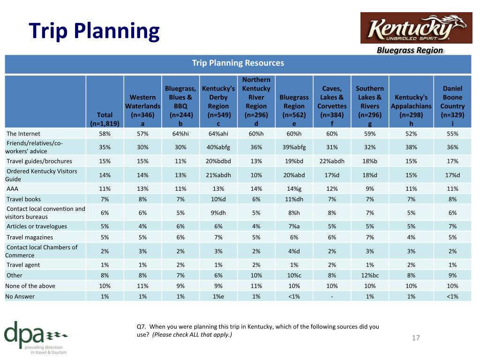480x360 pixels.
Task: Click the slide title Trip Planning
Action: click(x=94, y=31)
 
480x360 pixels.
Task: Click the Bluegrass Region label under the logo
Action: click(x=410, y=50)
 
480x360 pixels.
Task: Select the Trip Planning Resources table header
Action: click(x=238, y=63)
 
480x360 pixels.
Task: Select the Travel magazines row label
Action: click(x=30, y=237)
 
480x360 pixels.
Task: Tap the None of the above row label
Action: click(x=30, y=286)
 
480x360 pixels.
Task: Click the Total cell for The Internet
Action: click(x=105, y=134)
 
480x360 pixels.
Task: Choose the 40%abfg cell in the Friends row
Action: click(x=218, y=147)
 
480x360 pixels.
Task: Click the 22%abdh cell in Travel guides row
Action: click(x=332, y=161)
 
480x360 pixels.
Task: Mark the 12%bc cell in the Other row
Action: click(x=370, y=275)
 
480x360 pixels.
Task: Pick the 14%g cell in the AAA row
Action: click(x=294, y=189)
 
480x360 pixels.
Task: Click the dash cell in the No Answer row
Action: click(x=332, y=296)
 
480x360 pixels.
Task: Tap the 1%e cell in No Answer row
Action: click(x=218, y=296)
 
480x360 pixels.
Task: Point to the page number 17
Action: click(x=415, y=337)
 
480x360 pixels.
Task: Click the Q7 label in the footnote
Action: click(x=142, y=327)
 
